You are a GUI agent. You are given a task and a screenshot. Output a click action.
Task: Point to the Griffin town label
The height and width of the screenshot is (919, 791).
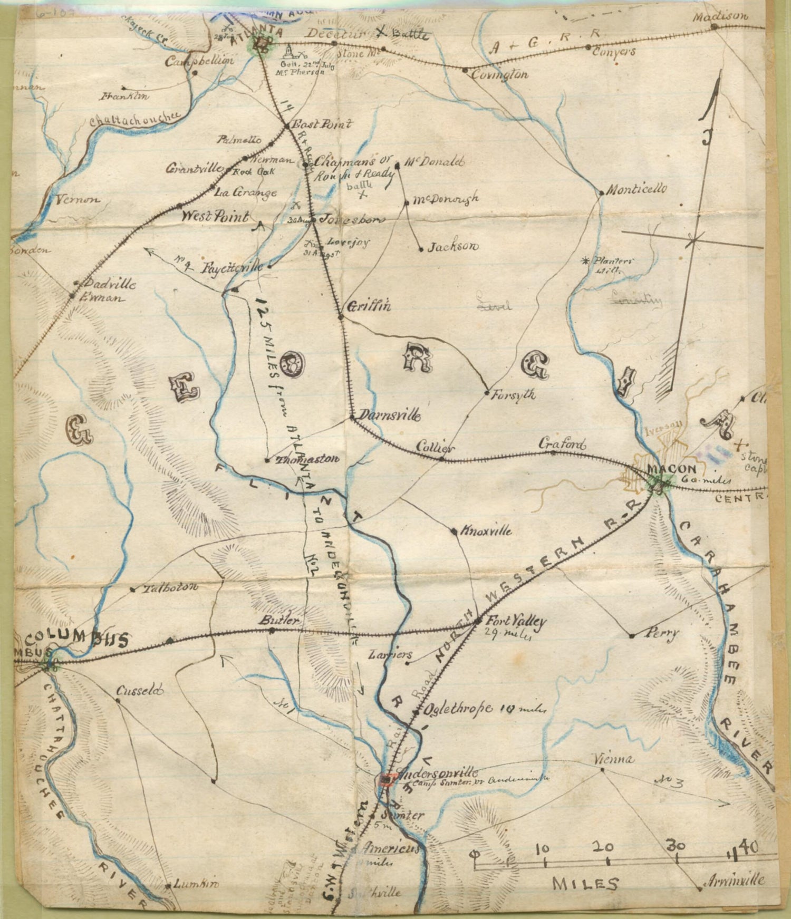369,305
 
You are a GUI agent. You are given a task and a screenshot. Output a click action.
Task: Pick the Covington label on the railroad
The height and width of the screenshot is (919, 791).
499,74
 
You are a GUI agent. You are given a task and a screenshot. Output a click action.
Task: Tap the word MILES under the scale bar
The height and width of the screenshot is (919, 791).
585,883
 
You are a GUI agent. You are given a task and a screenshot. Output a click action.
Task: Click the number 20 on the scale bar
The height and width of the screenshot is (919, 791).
603,847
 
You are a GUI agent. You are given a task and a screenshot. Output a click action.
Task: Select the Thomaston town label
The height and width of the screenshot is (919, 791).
307,459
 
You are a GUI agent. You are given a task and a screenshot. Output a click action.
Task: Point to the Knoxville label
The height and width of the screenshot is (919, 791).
486,530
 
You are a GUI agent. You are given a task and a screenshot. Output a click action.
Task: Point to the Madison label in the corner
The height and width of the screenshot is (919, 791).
720,16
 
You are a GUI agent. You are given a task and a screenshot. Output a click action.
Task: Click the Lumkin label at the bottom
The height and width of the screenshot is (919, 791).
188,884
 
